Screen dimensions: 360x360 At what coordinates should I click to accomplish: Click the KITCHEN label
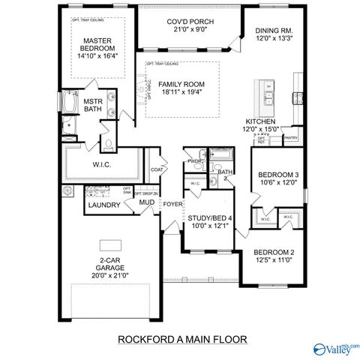pos(260,121)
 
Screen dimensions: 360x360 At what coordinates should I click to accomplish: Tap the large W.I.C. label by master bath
pos(102,164)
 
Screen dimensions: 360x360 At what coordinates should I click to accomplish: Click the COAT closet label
pos(157,170)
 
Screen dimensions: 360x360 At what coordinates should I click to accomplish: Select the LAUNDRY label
pos(100,205)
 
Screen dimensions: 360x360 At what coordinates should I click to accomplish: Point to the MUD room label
pos(145,202)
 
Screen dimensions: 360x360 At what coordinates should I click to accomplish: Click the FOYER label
pos(173,203)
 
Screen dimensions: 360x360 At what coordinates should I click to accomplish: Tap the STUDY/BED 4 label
pos(209,217)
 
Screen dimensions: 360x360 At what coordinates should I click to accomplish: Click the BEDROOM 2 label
pos(274,252)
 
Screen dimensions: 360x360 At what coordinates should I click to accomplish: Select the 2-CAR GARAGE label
pos(109,263)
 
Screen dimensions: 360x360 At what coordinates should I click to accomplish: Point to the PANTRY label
pos(291,138)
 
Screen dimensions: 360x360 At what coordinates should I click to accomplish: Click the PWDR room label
pos(196,161)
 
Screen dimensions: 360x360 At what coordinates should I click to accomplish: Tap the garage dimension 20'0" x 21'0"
pos(109,274)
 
